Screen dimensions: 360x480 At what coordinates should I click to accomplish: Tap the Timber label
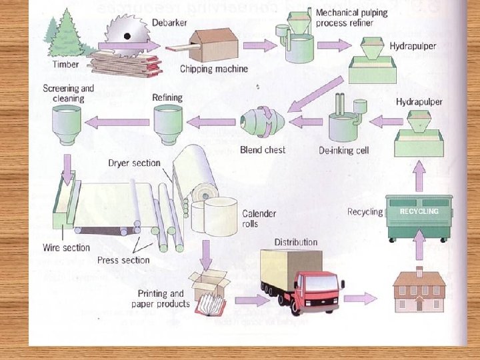coord(65,65)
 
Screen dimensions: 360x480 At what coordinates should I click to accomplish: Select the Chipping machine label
coord(213,69)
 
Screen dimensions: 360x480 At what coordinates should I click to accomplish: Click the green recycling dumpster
coord(419,217)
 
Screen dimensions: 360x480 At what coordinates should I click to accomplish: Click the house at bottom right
coord(419,291)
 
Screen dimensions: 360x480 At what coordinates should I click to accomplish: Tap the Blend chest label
coord(263,150)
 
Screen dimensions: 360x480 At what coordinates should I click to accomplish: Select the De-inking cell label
coord(343,151)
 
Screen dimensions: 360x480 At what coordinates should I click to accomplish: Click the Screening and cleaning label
coord(68,93)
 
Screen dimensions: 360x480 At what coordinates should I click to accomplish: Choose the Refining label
coord(167,97)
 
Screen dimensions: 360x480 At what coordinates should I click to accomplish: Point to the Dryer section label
coord(134,163)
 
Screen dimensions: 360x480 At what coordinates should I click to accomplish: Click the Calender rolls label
coord(259,219)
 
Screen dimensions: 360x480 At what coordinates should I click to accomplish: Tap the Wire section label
coord(66,248)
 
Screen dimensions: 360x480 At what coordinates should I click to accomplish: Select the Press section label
coord(123,260)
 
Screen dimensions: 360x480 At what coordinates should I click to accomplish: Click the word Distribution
coord(295,241)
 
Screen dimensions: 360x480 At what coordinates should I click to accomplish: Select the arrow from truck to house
coord(361,298)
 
